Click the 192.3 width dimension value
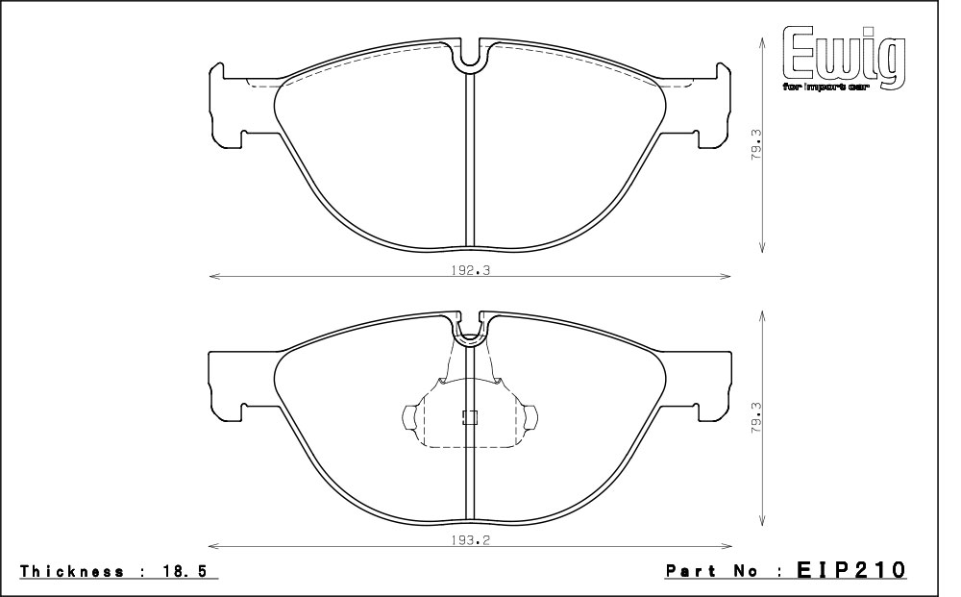click(471, 270)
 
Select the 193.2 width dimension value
click(471, 540)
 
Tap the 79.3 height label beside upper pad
click(756, 144)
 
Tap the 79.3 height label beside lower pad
click(756, 417)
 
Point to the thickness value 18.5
click(187, 571)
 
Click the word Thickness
click(72, 571)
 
